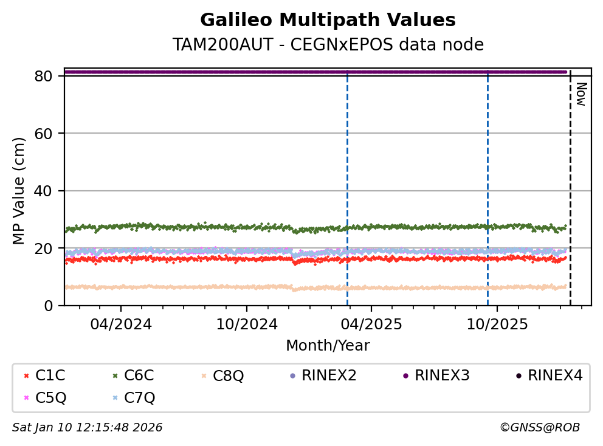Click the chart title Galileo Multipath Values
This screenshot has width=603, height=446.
(328, 21)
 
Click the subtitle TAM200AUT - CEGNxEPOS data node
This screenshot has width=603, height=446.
(328, 45)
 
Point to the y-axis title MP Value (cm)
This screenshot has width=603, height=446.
(19, 191)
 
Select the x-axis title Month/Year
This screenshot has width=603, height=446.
(328, 346)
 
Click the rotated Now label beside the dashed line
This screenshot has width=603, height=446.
(581, 94)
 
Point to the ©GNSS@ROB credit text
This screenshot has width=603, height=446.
(539, 428)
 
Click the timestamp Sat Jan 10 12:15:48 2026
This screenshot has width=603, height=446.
(88, 428)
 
